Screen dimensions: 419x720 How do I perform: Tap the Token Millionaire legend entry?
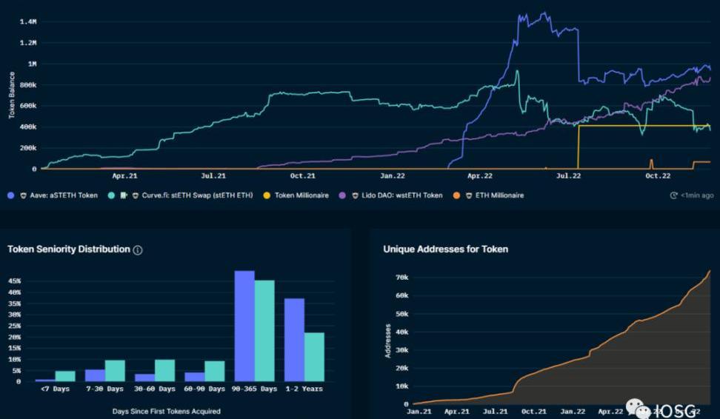(301, 195)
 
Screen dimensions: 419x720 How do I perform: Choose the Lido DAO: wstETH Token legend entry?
(396, 195)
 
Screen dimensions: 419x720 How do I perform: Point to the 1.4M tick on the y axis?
(27, 22)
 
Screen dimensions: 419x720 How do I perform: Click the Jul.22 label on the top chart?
(568, 176)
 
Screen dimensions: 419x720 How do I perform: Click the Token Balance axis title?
(12, 95)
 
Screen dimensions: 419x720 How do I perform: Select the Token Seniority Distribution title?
(68, 249)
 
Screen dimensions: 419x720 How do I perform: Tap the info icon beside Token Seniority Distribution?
(138, 250)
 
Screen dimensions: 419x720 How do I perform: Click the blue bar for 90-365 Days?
(244, 326)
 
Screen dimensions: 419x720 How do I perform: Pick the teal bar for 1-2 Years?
(314, 357)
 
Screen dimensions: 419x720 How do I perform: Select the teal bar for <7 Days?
(65, 376)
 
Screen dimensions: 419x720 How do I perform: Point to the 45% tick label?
(14, 281)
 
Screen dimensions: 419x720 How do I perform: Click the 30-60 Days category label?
(156, 389)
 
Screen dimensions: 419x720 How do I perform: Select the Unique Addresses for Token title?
(445, 249)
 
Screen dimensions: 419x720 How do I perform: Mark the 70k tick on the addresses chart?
(401, 277)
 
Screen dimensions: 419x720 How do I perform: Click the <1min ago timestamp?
(693, 195)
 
